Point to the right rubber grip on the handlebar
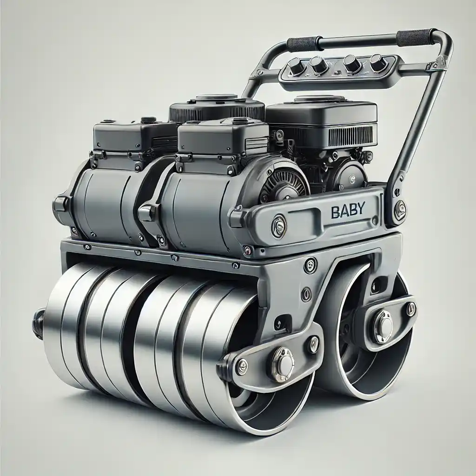click(416, 36)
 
